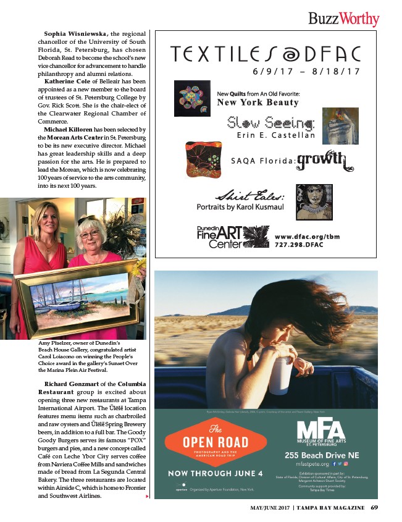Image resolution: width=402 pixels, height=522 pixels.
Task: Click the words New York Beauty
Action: coord(257,102)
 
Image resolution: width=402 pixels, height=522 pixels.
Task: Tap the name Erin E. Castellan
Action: coord(275,135)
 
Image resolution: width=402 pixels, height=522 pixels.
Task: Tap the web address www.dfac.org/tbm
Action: coord(308,237)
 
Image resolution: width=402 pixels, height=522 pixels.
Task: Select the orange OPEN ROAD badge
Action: coord(207,440)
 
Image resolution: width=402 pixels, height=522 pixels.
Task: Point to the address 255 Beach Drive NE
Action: coord(318,455)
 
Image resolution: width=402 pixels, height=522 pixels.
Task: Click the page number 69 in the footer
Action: coord(375,508)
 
